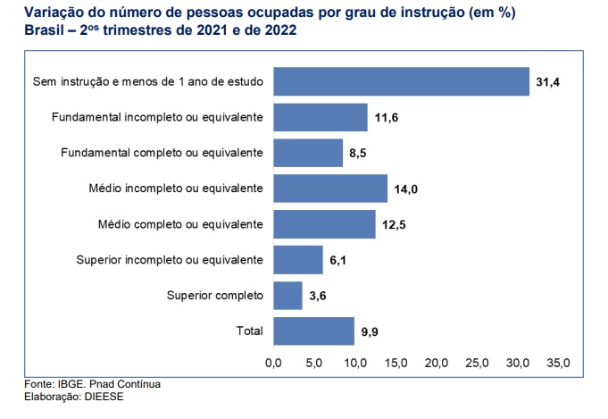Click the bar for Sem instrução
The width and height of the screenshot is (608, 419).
(401, 81)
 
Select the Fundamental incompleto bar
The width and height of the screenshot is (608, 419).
(321, 117)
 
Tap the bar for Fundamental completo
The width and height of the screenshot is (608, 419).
(308, 153)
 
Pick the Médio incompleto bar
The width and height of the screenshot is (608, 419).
(330, 189)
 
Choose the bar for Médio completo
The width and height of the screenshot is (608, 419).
(324, 224)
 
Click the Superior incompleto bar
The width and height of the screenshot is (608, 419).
(298, 260)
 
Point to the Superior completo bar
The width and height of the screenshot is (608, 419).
(288, 296)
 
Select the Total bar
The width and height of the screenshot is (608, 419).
(313, 331)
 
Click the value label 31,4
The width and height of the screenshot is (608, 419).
(546, 82)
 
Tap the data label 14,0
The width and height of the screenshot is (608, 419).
(405, 189)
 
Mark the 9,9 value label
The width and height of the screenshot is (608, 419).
(371, 331)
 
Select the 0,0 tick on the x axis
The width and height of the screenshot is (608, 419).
(273, 364)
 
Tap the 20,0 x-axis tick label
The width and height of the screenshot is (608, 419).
(437, 364)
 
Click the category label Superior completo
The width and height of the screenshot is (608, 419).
(214, 296)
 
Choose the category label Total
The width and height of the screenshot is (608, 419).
(249, 331)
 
